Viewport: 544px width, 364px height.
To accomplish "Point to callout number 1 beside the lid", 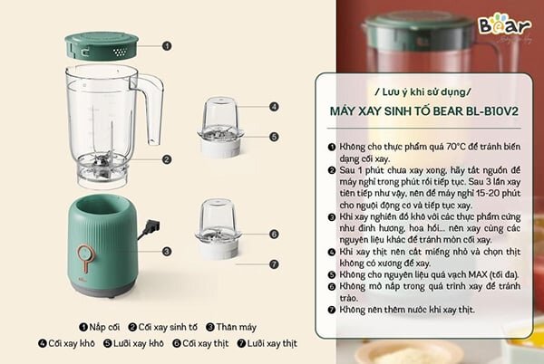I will coord(167,44).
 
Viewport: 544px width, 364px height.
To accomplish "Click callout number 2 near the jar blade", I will coord(167,159).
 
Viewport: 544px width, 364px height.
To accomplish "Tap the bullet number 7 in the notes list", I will coord(332,310).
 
